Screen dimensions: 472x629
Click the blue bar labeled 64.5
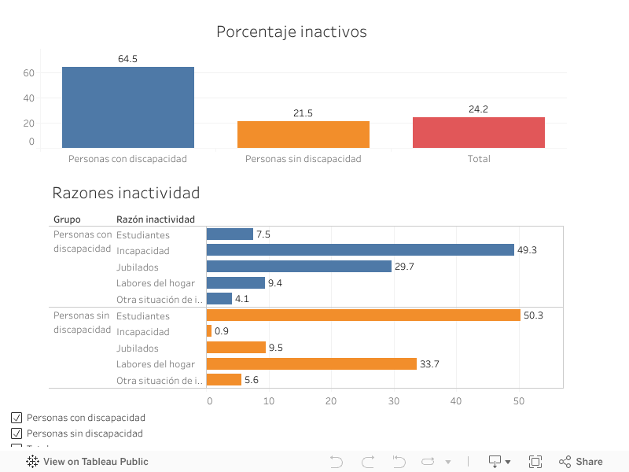click(x=128, y=107)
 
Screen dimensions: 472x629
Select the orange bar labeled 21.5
click(x=303, y=135)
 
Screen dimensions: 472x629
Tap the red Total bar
click(x=479, y=132)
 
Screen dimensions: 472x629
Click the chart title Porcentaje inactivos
click(x=292, y=32)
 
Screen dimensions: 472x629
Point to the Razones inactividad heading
click(x=126, y=193)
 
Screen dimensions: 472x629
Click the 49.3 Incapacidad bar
click(x=360, y=250)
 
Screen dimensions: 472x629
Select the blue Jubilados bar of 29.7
click(x=299, y=267)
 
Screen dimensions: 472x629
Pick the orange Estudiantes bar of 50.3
click(x=363, y=315)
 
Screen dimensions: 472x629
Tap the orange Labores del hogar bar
click(x=311, y=363)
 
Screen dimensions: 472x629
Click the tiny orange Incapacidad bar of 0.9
click(x=209, y=331)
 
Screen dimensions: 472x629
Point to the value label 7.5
click(x=263, y=234)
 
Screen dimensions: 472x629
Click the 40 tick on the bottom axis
click(x=456, y=401)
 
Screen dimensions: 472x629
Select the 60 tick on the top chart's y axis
click(x=29, y=73)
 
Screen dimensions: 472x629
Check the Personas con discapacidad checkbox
click(x=17, y=418)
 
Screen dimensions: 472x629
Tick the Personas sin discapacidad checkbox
click(x=17, y=433)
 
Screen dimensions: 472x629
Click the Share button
click(x=581, y=462)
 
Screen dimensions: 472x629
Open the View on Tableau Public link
click(x=87, y=462)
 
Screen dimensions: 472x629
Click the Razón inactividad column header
click(x=156, y=219)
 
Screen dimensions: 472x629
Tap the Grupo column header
click(x=67, y=219)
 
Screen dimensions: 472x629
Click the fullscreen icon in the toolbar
click(x=535, y=462)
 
